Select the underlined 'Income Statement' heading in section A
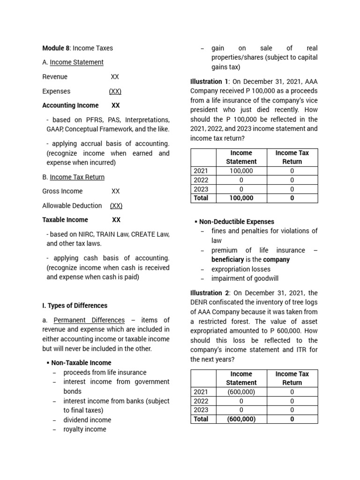pyautogui.click(x=76, y=62)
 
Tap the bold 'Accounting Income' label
pyautogui.click(x=70, y=105)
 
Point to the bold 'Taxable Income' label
pyautogui.click(x=65, y=220)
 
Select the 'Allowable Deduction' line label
pyautogui.click(x=72, y=205)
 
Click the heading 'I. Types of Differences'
pyautogui.click(x=75, y=306)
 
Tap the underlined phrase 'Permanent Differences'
pyautogui.click(x=89, y=320)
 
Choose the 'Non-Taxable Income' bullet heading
pyautogui.click(x=81, y=363)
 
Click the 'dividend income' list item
pyautogui.click(x=87, y=420)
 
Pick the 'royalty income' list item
pyautogui.click(x=85, y=429)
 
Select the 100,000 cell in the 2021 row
pyautogui.click(x=241, y=171)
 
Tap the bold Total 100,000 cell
pyautogui.click(x=241, y=198)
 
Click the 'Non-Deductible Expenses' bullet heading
pyautogui.click(x=237, y=222)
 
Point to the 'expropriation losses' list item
pyautogui.click(x=241, y=269)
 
